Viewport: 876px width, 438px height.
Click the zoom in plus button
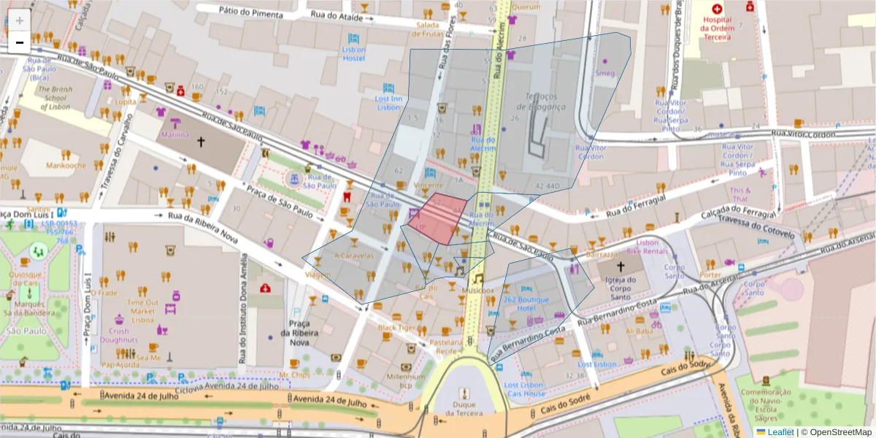(x=20, y=20)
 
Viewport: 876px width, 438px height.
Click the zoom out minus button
(x=20, y=42)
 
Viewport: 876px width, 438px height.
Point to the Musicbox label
(x=478, y=291)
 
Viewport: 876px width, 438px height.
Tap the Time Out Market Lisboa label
(x=142, y=310)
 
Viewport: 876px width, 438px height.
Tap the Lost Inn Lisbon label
(x=388, y=103)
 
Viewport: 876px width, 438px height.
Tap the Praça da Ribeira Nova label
(x=299, y=332)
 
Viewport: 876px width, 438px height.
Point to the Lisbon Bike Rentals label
(x=652, y=247)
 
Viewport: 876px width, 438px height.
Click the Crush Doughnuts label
(x=118, y=336)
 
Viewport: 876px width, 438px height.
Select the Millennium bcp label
(x=406, y=380)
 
